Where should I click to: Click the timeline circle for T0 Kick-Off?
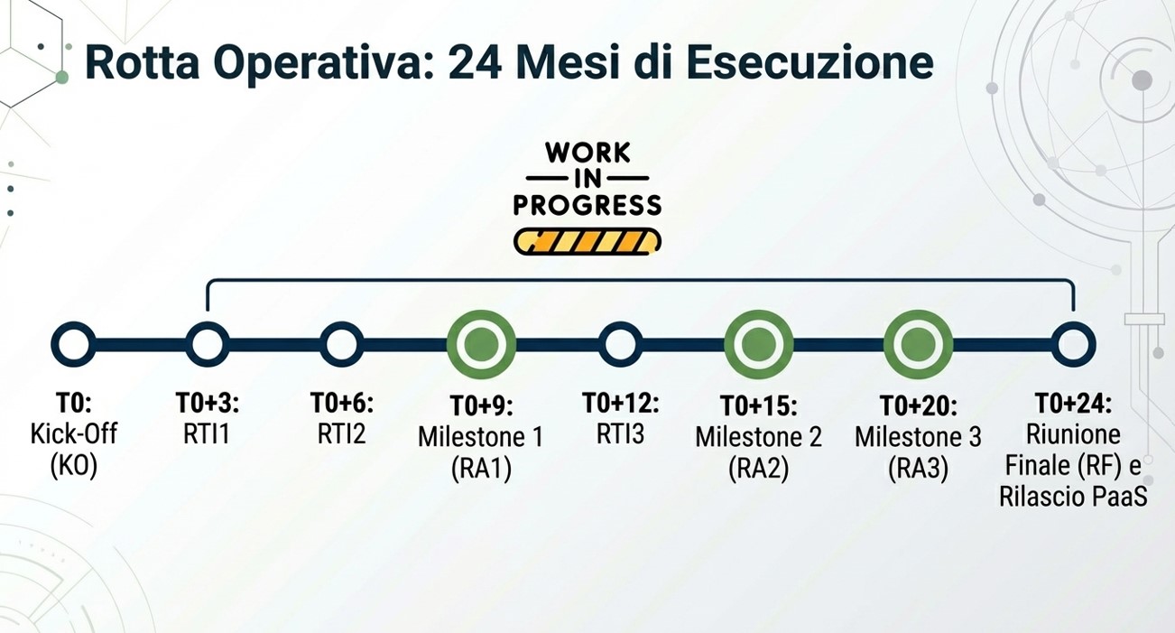[x=73, y=344]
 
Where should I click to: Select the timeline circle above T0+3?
[x=208, y=344]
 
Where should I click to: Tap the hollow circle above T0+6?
[x=342, y=344]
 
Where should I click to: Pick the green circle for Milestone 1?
[x=481, y=344]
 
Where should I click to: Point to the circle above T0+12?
[x=620, y=344]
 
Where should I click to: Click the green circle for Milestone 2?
[x=758, y=344]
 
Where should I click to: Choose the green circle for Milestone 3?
[x=918, y=344]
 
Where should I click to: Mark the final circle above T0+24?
[x=1073, y=344]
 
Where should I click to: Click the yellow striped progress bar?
[x=587, y=241]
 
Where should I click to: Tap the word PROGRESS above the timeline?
[x=587, y=205]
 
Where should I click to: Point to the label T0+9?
[x=480, y=405]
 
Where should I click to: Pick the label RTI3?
[x=620, y=433]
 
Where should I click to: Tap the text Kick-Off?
[x=73, y=433]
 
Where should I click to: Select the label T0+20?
[x=918, y=405]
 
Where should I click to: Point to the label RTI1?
[x=208, y=433]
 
